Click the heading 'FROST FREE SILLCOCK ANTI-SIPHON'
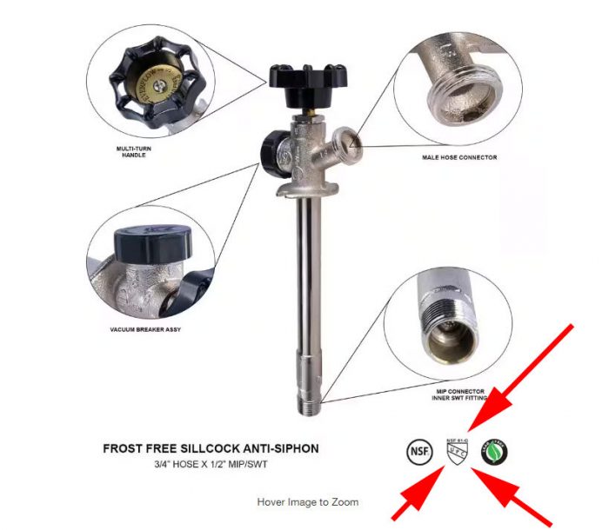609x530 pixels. [211, 449]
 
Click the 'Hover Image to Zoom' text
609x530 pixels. [307, 502]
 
